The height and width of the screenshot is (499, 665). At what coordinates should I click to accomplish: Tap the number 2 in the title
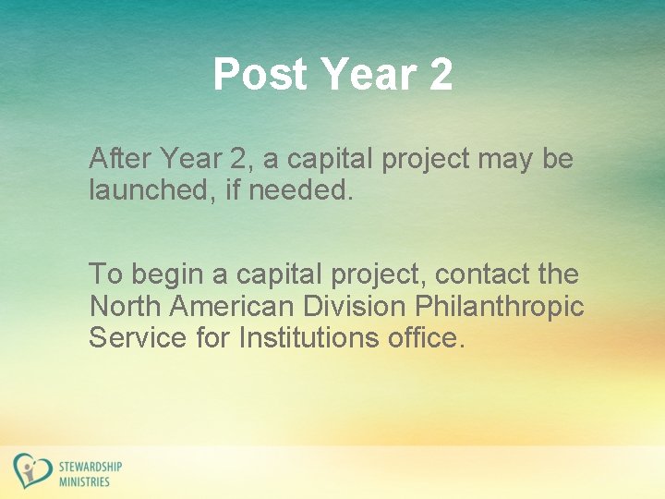click(441, 74)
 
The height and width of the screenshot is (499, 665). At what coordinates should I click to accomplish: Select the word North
click(121, 306)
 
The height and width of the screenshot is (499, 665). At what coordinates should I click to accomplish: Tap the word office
click(423, 337)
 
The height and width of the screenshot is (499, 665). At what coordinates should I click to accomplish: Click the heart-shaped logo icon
click(31, 470)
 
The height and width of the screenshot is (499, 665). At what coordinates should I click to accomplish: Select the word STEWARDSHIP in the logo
click(90, 466)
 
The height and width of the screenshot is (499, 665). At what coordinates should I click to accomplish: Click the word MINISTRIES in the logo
click(84, 481)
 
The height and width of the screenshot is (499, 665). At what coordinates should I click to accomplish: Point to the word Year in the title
click(363, 74)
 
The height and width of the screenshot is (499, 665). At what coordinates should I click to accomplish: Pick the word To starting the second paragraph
click(105, 274)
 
